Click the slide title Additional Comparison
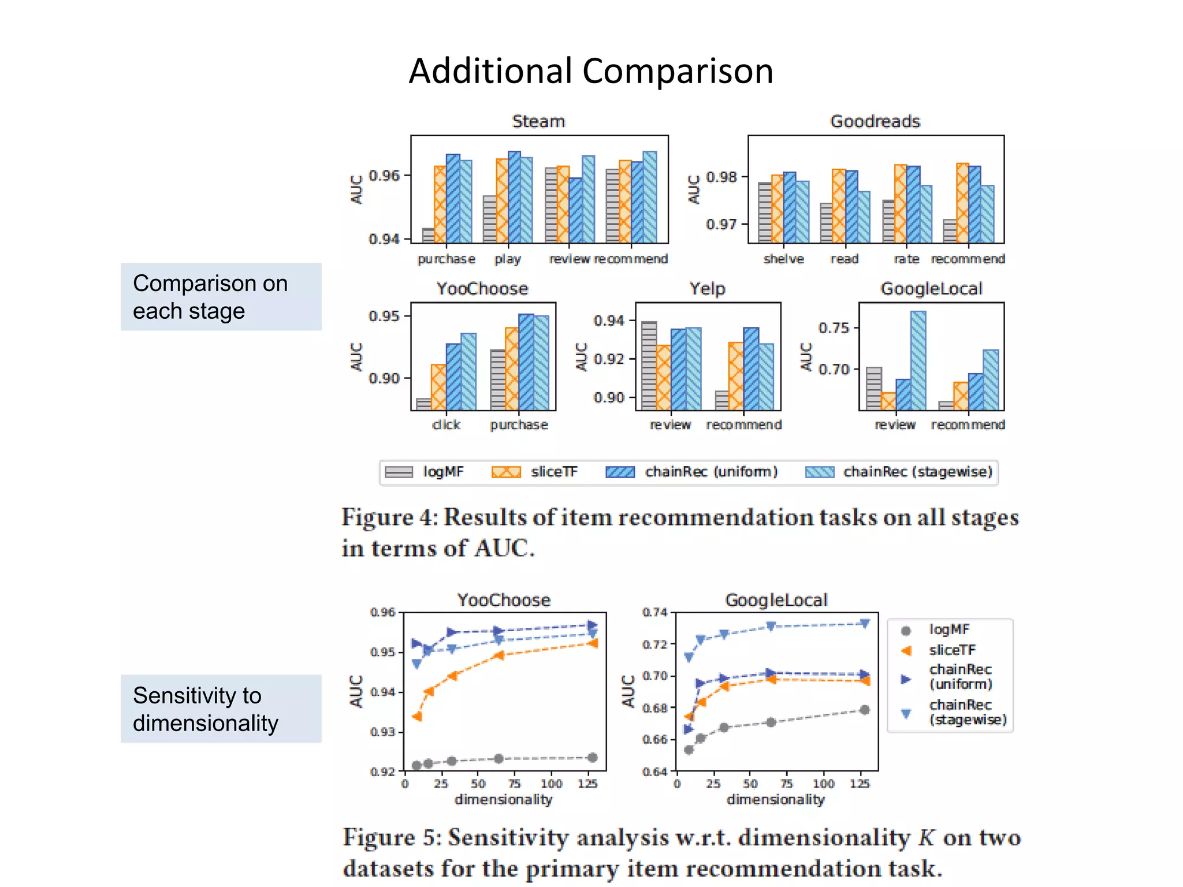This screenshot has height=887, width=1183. [590, 71]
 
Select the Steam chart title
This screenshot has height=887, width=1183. [538, 121]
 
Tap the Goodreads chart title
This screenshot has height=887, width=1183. [875, 121]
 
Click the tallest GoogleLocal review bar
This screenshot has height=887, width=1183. [918, 360]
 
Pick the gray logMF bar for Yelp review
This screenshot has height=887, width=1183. [649, 366]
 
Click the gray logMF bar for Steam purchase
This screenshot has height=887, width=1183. [428, 236]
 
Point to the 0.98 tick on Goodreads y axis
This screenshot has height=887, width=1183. [721, 177]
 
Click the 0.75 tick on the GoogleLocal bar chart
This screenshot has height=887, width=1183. [834, 328]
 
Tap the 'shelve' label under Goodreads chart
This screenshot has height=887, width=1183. [783, 259]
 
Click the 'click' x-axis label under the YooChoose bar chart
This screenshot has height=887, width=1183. [446, 425]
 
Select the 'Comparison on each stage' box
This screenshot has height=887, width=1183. [221, 297]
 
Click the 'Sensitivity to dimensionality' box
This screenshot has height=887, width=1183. [221, 709]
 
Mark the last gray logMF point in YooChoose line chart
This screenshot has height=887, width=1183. [592, 758]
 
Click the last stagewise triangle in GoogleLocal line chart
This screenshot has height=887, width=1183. [865, 624]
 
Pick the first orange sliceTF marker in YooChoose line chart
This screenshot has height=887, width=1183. [416, 717]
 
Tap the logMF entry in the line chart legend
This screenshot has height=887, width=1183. [949, 629]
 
